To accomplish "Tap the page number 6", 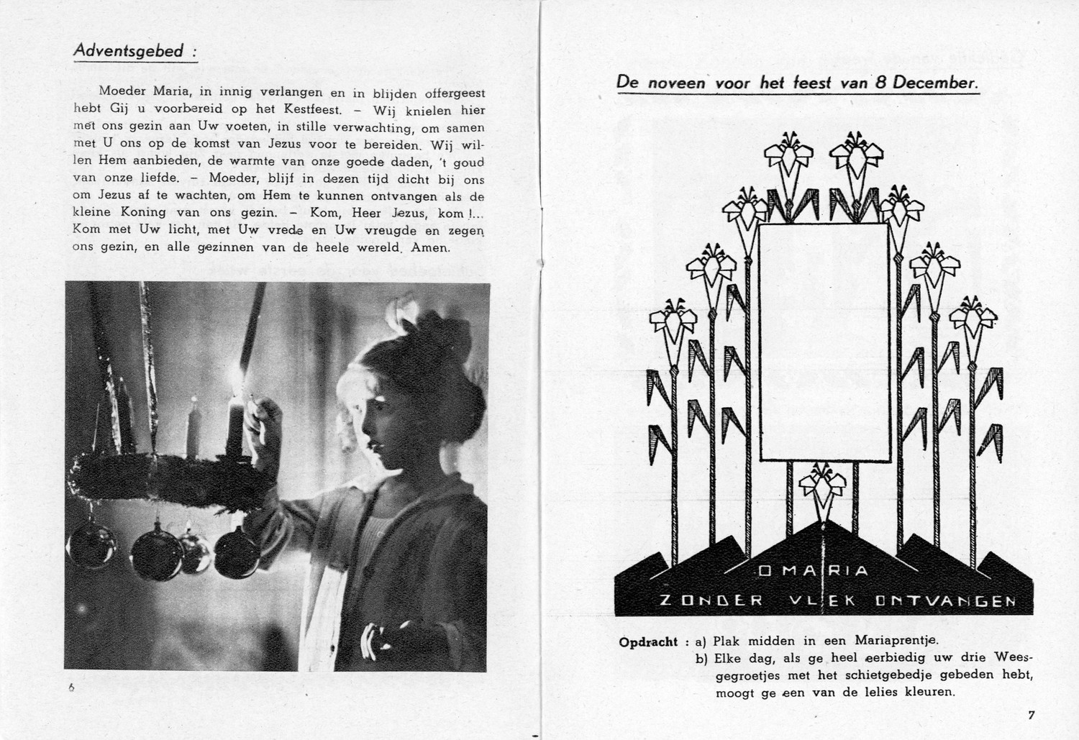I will tap(71, 688).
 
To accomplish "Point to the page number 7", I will tap(1031, 715).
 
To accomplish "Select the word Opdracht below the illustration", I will tap(648, 642).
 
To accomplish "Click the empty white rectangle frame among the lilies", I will tap(824, 342).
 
